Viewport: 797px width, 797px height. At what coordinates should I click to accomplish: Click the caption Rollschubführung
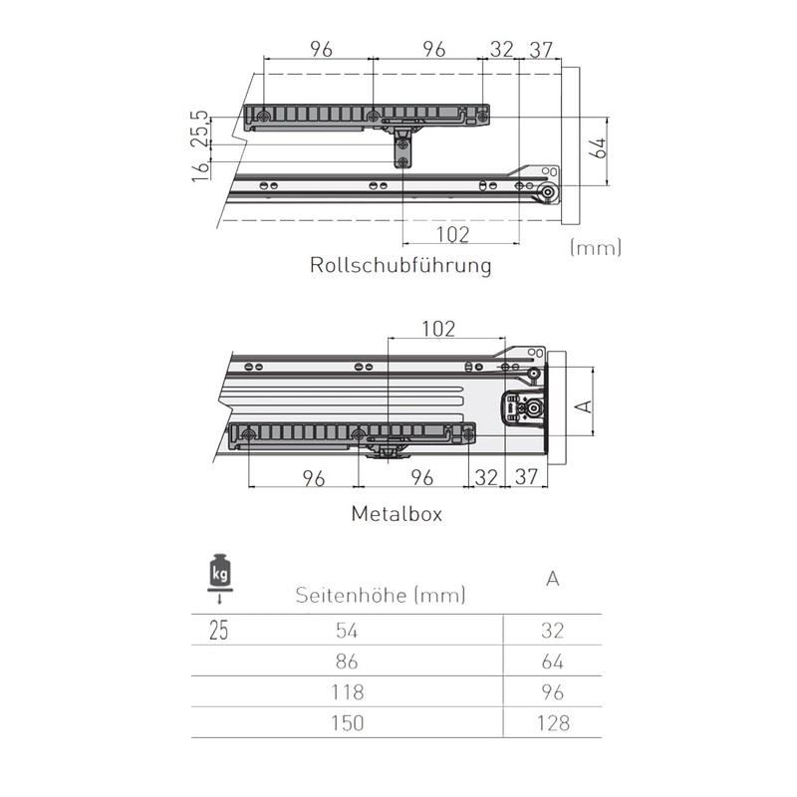[x=400, y=266]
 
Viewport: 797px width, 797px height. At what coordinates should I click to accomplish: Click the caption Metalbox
[x=396, y=515]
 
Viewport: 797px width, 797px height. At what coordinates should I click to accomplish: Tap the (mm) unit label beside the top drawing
[x=595, y=247]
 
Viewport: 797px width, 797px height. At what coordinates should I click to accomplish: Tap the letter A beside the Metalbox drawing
[x=586, y=406]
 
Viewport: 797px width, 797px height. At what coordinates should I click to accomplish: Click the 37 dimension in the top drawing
[x=541, y=49]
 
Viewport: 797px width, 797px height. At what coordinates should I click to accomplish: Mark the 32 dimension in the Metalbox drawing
[x=487, y=477]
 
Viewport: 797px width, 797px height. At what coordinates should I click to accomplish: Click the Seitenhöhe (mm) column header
[x=381, y=596]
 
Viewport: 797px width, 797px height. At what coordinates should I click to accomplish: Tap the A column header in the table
[x=553, y=579]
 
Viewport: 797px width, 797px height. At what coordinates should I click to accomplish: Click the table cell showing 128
[x=553, y=722]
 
